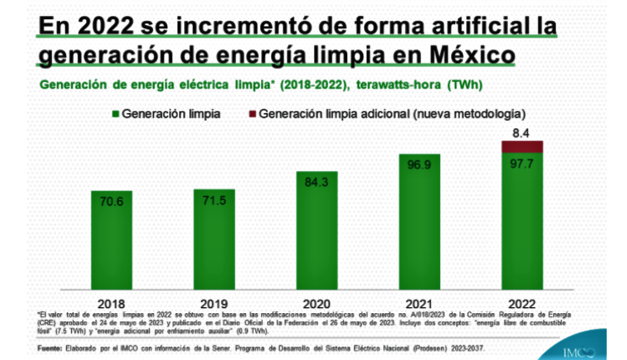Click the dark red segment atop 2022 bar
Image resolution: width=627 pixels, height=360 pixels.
[522, 147]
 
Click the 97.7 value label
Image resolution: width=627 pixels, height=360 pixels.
[522, 164]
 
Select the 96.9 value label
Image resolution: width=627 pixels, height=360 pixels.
[419, 165]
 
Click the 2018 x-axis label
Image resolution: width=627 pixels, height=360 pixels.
[111, 301]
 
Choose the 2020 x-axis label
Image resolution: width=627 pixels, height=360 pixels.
[317, 301]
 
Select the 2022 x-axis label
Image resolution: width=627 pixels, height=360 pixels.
[522, 301]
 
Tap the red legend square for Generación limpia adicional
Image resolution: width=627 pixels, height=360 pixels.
[252, 112]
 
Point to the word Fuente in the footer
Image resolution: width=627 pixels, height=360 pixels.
[51, 347]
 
